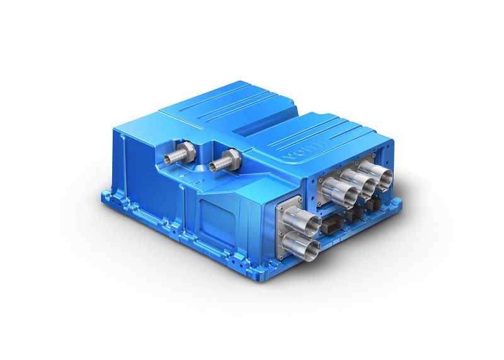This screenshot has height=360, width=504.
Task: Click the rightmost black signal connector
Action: [x=377, y=204]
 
